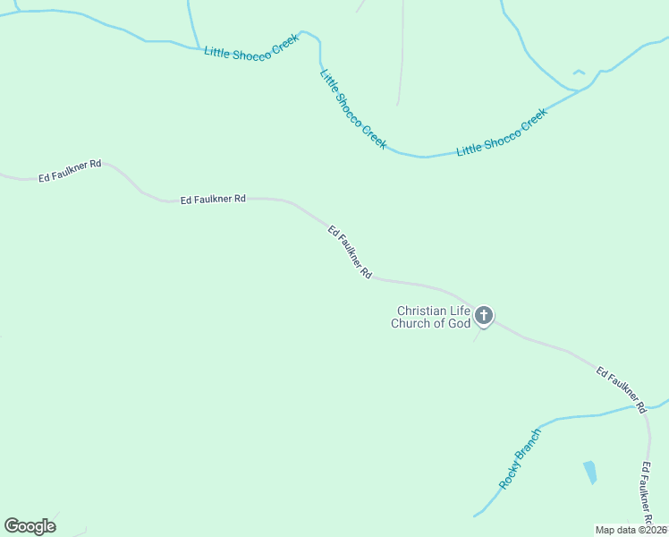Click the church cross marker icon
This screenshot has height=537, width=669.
pyautogui.click(x=484, y=315)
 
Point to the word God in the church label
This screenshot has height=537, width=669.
pyautogui.click(x=459, y=323)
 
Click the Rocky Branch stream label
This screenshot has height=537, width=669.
pyautogui.click(x=521, y=459)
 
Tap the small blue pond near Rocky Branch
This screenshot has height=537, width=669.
pyautogui.click(x=590, y=472)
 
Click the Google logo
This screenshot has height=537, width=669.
pyautogui.click(x=30, y=525)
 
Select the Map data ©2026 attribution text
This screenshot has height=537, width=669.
pyautogui.click(x=631, y=530)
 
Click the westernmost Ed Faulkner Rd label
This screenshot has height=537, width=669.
pyautogui.click(x=70, y=170)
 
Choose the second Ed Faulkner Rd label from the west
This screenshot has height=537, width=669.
pyautogui.click(x=213, y=199)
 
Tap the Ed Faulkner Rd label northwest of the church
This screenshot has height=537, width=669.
pyautogui.click(x=350, y=253)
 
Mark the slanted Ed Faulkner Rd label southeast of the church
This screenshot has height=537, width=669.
pyautogui.click(x=621, y=388)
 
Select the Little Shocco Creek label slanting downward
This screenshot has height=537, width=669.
pyautogui.click(x=353, y=109)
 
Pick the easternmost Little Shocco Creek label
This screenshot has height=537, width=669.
pyautogui.click(x=501, y=132)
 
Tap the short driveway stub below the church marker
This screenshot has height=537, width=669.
pyautogui.click(x=478, y=336)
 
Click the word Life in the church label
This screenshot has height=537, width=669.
pyautogui.click(x=458, y=311)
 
